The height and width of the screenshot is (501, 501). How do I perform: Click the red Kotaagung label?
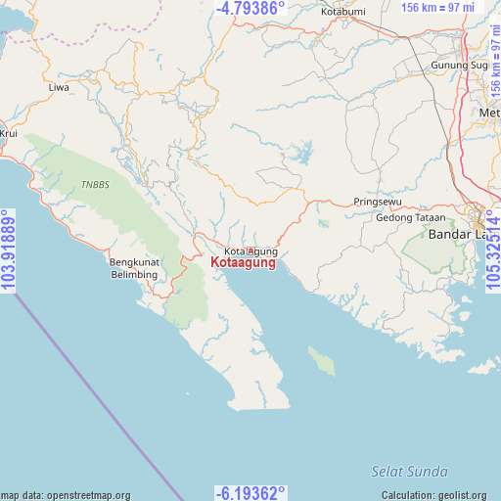point(243,263)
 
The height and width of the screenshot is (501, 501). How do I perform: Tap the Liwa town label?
point(59,88)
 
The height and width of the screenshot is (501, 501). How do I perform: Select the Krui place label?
point(9,132)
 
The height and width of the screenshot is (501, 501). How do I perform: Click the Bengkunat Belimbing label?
point(133,268)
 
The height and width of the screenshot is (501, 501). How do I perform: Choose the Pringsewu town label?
point(377,202)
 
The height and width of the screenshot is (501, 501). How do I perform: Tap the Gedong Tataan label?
point(410,217)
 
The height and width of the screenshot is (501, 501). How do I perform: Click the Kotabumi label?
point(343,13)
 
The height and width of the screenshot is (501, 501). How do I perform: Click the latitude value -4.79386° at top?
point(250,8)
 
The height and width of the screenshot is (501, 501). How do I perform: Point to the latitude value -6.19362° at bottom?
point(250,493)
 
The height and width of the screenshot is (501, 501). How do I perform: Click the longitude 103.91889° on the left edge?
point(9,251)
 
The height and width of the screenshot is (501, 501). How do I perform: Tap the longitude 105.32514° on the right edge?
point(492,251)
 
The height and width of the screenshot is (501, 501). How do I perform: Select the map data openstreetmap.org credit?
point(66,495)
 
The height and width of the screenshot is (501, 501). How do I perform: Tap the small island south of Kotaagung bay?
point(322,360)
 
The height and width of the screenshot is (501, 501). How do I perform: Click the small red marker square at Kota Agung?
point(251,251)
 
